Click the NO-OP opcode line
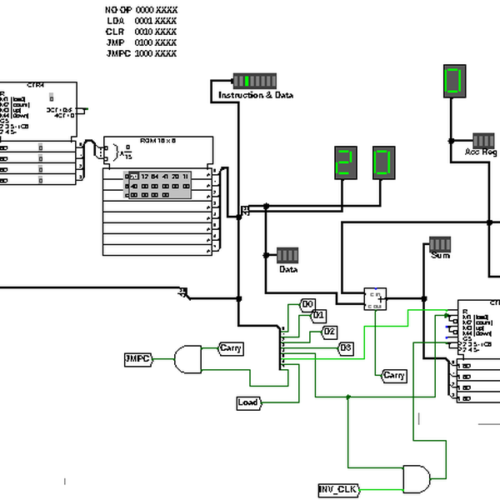click(x=140, y=9)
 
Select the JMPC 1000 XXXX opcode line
click(x=141, y=52)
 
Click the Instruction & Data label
click(x=255, y=96)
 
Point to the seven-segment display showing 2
click(x=344, y=162)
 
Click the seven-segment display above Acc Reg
click(x=452, y=81)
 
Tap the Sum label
click(x=440, y=256)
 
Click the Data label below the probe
click(x=288, y=270)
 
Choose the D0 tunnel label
click(x=308, y=304)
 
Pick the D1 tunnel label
click(x=318, y=315)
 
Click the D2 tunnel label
click(x=330, y=332)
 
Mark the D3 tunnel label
click(x=346, y=347)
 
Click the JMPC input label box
click(x=137, y=358)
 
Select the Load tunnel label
click(x=248, y=403)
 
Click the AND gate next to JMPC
click(x=188, y=359)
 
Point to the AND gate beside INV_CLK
click(x=417, y=477)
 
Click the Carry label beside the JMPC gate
click(x=231, y=347)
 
